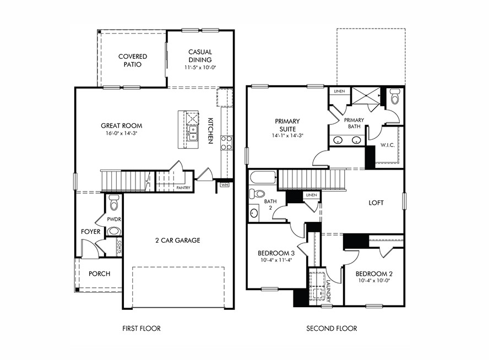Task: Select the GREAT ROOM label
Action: tap(118, 126)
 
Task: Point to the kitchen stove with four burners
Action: tap(226, 143)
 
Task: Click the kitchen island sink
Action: tap(192, 133)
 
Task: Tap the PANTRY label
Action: tap(183, 188)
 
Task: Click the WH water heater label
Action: tap(224, 186)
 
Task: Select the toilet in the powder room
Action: tap(114, 203)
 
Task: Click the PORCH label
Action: tap(99, 274)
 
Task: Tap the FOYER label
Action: tap(90, 232)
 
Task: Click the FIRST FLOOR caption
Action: tap(142, 329)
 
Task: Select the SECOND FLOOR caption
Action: tap(332, 329)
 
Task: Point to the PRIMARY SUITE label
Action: tap(287, 125)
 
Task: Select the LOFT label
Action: tap(376, 203)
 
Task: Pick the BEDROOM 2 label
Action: tap(373, 274)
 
